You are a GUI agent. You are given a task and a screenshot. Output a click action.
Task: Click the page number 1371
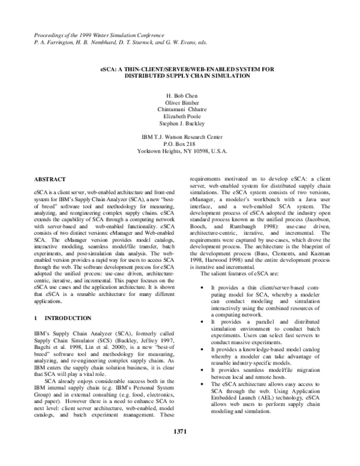pos(180,449)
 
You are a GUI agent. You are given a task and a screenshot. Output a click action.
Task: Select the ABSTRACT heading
pos(49,179)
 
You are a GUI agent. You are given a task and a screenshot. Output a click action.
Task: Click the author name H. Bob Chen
pos(179,96)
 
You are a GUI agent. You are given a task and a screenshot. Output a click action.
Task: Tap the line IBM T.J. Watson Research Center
pos(179,138)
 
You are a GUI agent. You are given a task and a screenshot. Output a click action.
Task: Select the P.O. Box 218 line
pos(179,144)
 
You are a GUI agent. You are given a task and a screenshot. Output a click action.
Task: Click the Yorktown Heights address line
pos(179,151)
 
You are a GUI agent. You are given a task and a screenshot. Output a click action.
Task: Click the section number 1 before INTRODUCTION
pos(36,317)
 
